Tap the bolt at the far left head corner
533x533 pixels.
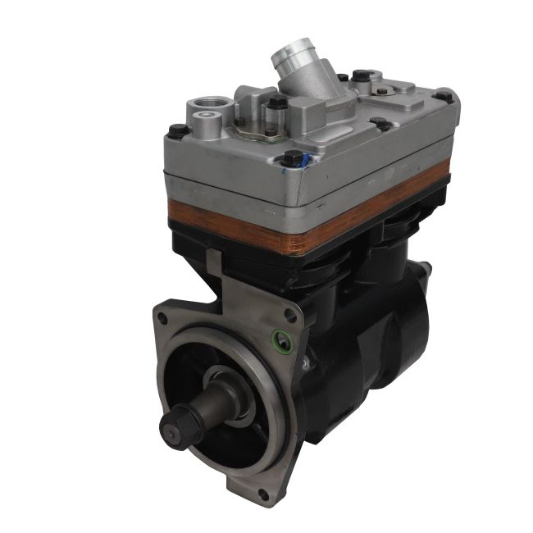pos(175,130)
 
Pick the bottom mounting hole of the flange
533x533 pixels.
pos(263,493)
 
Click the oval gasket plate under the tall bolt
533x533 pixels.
pos(261,123)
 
